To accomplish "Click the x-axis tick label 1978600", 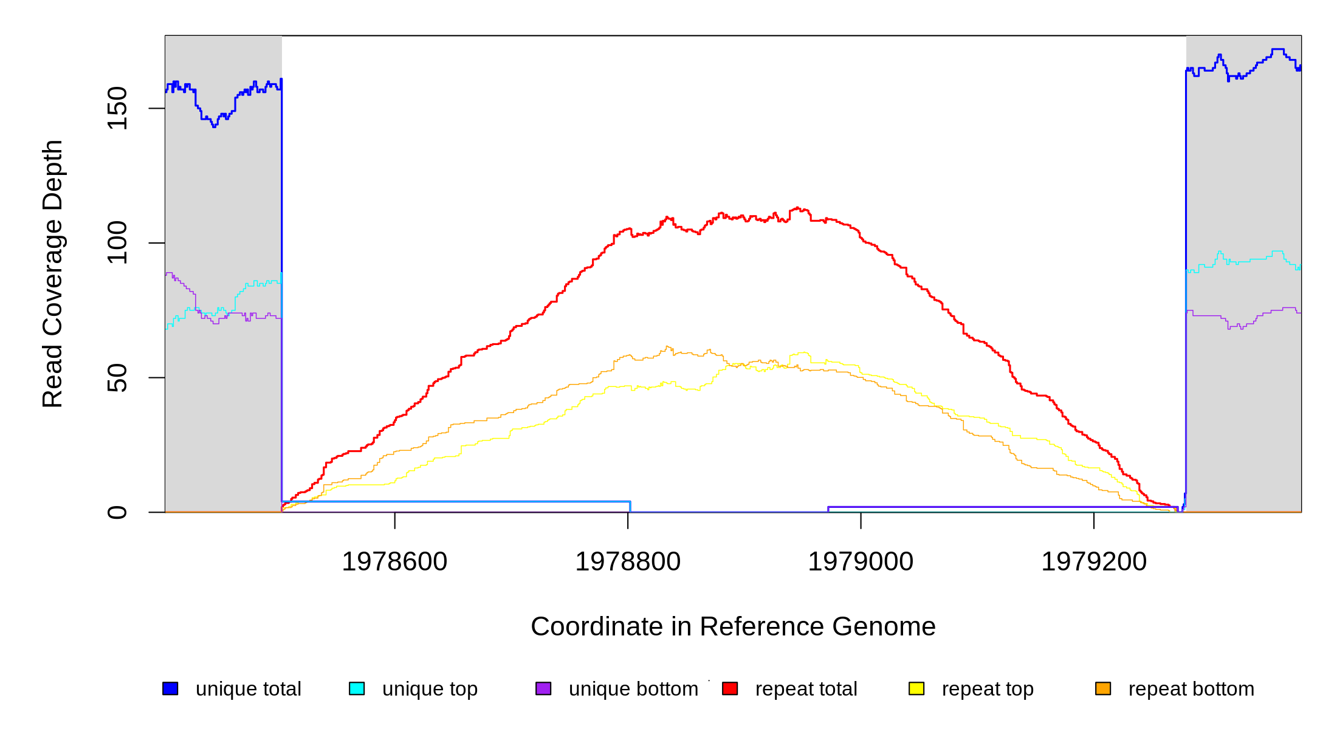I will [x=394, y=562].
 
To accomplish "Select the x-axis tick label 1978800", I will [x=628, y=562].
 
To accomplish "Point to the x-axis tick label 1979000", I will [x=861, y=562].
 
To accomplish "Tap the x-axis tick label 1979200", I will [x=1094, y=562].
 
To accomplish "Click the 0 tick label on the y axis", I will [x=117, y=512].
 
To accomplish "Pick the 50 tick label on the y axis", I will [x=117, y=378].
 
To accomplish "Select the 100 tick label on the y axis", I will [x=117, y=243].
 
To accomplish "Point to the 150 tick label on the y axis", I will [x=117, y=108].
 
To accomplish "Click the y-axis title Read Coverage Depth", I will [x=53, y=273].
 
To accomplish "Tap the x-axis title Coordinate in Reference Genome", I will [x=733, y=626].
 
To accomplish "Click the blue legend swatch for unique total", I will [x=170, y=688].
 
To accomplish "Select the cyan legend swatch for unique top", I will [x=357, y=688].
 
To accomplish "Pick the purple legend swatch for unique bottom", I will [x=543, y=688].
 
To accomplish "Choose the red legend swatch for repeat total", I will [x=730, y=688].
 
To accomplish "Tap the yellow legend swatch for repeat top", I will [x=916, y=688].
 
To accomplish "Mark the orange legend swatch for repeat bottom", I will [x=1103, y=688].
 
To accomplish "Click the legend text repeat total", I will [x=806, y=689].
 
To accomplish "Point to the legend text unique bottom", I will [x=633, y=689].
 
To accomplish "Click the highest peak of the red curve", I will [x=797, y=208].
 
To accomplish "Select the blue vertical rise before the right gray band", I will [x=1186, y=292].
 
